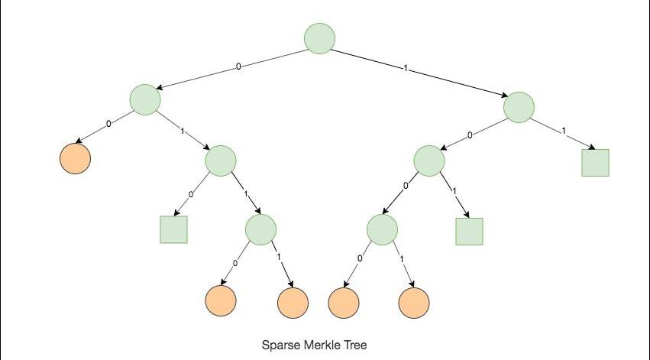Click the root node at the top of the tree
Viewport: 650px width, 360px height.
[x=319, y=38]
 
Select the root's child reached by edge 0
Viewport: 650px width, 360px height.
[x=145, y=99]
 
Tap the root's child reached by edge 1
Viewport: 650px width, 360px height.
[x=519, y=106]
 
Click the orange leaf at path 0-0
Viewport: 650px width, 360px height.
[x=75, y=159]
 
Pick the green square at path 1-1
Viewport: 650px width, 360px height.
[x=595, y=163]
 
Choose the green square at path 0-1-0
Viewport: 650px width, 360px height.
[x=174, y=229]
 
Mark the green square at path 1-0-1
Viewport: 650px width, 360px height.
[x=469, y=231]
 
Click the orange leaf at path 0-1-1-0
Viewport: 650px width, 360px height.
[x=221, y=302]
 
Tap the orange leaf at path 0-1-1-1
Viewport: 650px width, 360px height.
[x=293, y=303]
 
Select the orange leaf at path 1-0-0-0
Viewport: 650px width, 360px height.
[x=344, y=303]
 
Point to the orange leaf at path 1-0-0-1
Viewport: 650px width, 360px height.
[x=414, y=303]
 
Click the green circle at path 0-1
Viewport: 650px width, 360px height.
[x=221, y=160]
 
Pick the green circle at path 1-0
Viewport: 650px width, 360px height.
[x=429, y=161]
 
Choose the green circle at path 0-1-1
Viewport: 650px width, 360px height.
[x=260, y=229]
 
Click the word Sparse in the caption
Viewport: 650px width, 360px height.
[x=279, y=345]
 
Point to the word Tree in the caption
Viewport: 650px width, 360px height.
[x=356, y=345]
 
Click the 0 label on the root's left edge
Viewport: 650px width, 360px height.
[x=238, y=66]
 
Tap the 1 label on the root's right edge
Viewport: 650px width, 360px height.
[x=406, y=69]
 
